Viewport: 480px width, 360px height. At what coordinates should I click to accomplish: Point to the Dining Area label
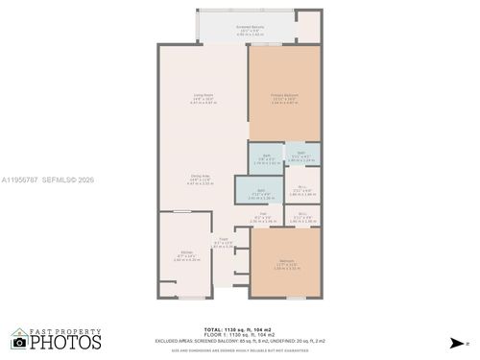(201, 179)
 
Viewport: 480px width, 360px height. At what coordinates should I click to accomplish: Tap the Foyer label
(223, 244)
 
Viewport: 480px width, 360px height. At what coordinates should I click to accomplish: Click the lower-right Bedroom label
(285, 264)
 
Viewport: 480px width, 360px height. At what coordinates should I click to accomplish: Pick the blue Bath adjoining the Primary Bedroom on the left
(261, 159)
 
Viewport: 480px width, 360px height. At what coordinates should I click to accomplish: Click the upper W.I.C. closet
(302, 190)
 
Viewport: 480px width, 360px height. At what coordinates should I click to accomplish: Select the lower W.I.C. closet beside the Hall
(302, 218)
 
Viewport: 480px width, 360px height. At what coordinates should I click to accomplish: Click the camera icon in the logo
(19, 341)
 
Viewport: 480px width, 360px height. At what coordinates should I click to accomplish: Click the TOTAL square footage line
(239, 329)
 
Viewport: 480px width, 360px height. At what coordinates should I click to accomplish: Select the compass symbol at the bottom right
(452, 342)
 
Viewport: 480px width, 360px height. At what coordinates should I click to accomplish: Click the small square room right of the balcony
(308, 27)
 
